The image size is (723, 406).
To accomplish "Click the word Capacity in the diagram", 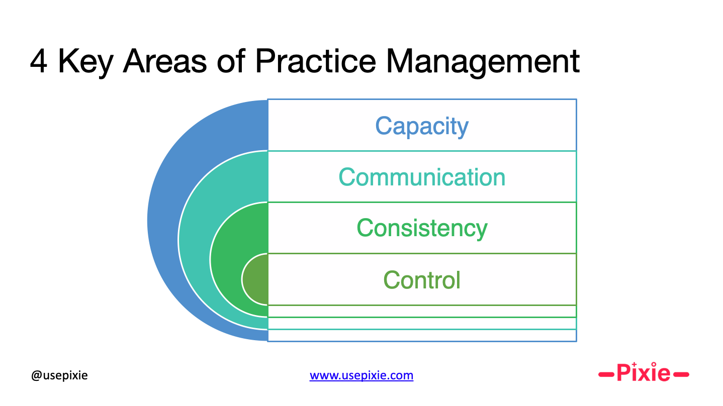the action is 421,127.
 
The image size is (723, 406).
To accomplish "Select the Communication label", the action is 422,177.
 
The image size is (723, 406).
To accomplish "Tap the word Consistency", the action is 422,229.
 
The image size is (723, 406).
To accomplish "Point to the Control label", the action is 421,280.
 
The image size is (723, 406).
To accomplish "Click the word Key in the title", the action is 85,63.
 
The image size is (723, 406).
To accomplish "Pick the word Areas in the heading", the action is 165,61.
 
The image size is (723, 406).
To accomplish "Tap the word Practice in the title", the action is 316,61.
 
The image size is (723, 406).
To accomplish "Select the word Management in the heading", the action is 483,63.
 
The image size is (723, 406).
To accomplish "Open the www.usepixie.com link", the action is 361,375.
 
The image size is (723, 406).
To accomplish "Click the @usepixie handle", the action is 59,375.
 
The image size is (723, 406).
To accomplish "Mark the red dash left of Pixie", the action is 606,374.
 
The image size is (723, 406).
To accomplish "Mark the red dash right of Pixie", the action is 681,374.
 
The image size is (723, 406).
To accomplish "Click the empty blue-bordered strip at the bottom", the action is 422,335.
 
